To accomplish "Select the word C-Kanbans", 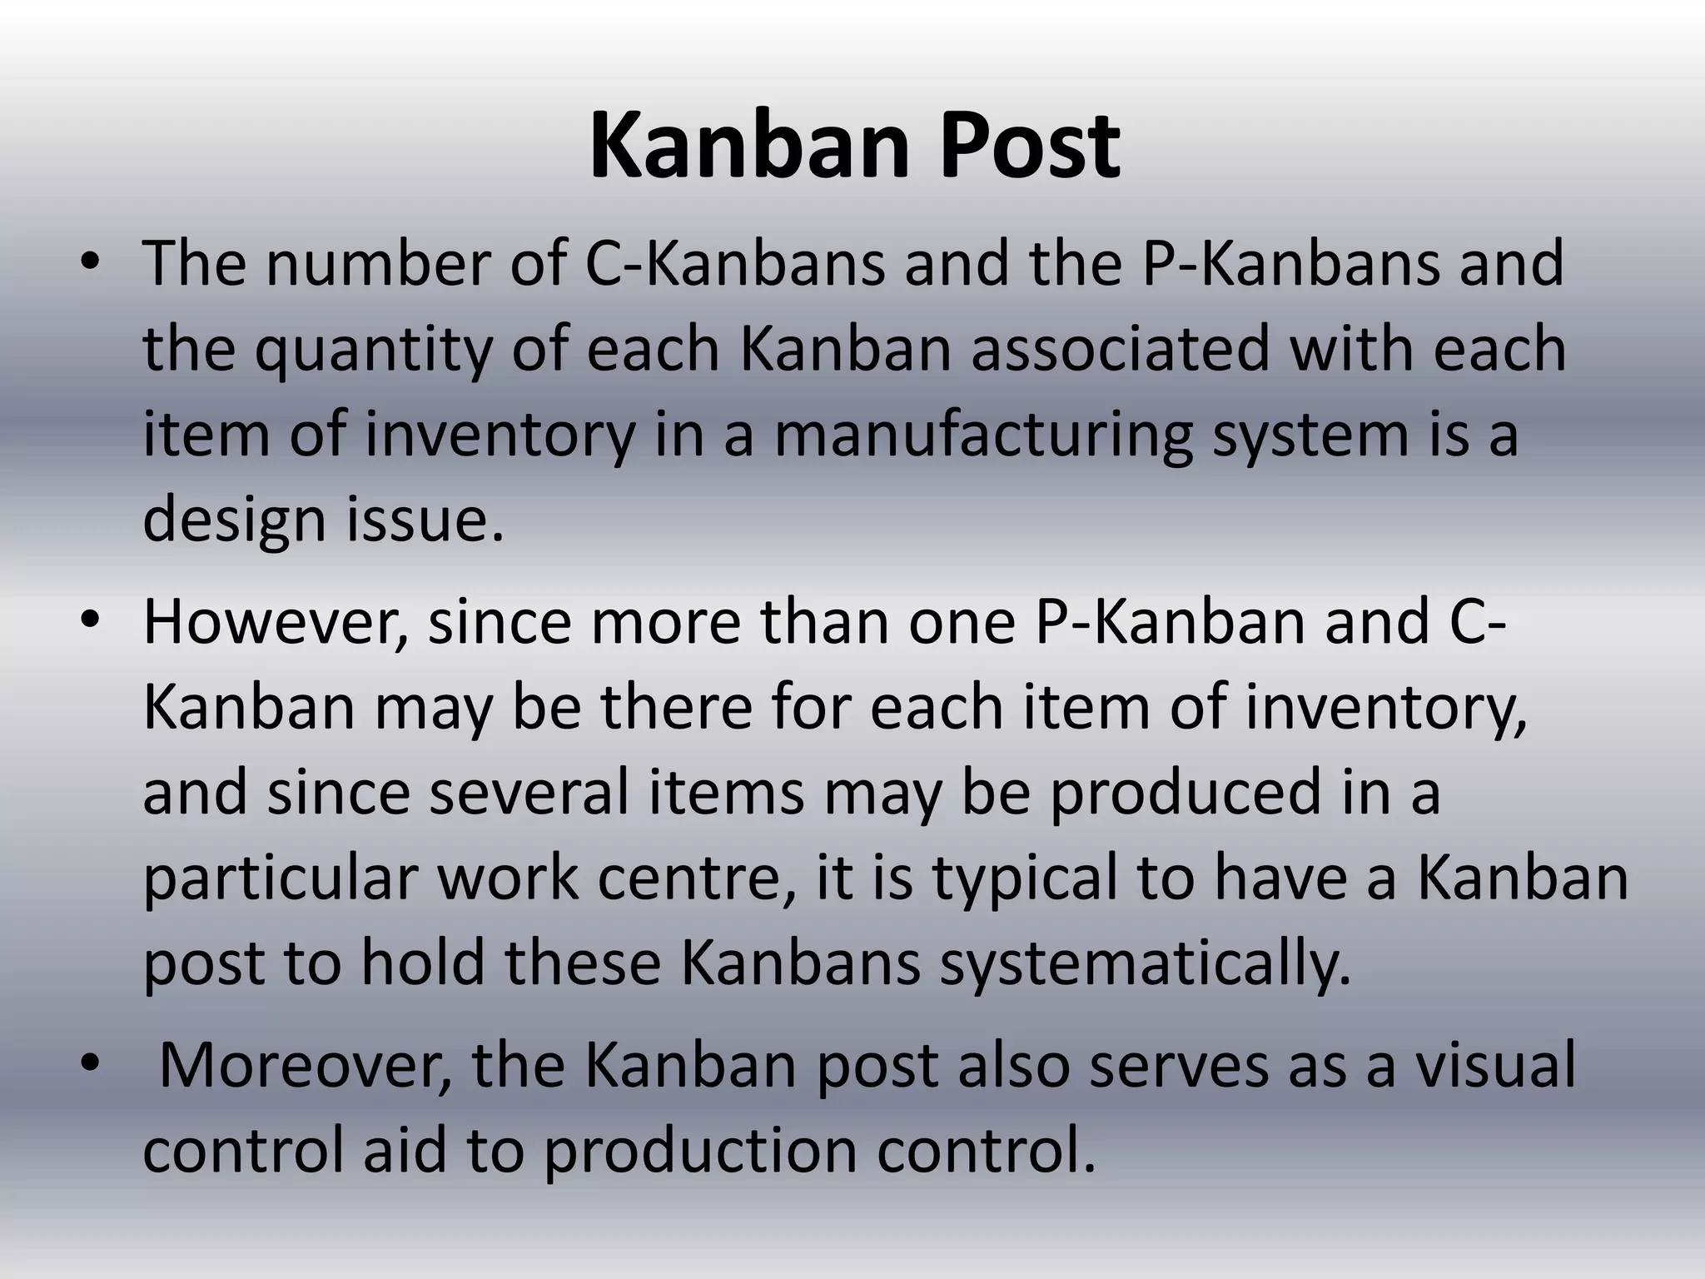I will (735, 263).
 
